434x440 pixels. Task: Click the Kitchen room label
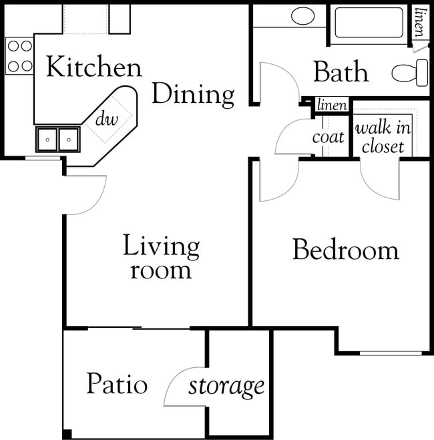(x=93, y=67)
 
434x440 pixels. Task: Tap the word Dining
(x=193, y=95)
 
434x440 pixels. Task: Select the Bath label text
(x=341, y=71)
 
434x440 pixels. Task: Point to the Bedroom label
(x=345, y=250)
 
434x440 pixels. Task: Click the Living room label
(x=161, y=258)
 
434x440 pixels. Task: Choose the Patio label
(x=116, y=385)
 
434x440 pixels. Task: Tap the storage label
(x=226, y=386)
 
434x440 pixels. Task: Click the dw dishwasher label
(x=107, y=120)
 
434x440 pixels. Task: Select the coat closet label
(x=329, y=137)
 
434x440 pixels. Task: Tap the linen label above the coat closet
(x=332, y=105)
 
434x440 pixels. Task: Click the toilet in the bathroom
(x=411, y=72)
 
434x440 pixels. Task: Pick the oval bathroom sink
(x=303, y=15)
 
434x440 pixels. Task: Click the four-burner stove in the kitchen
(x=19, y=56)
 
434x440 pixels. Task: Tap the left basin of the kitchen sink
(x=47, y=140)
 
